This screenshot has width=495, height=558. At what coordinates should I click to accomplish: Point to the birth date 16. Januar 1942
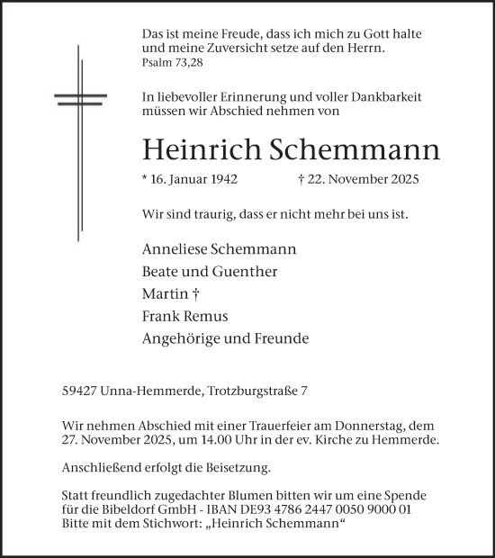tap(193, 179)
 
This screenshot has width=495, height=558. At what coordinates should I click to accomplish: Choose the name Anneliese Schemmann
tap(219, 248)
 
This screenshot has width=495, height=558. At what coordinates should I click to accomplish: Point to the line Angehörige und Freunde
tap(225, 338)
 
